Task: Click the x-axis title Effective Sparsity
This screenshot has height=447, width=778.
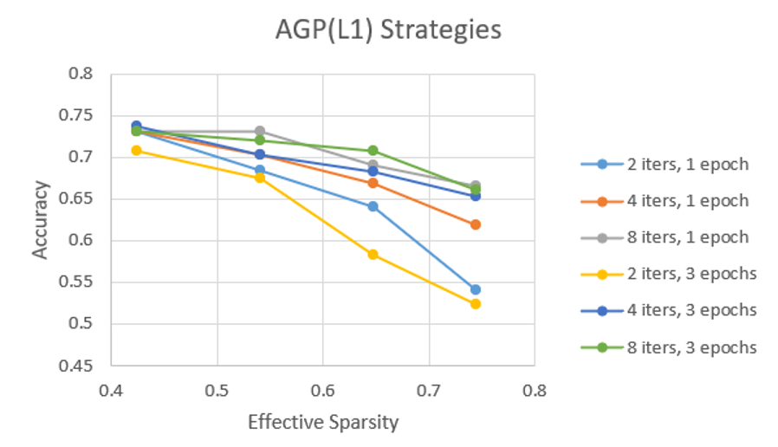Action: tap(323, 423)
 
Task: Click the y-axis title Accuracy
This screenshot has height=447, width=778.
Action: tap(40, 219)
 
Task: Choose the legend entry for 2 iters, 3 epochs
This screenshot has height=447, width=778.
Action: tap(671, 274)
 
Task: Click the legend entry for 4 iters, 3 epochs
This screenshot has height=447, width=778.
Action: tap(671, 310)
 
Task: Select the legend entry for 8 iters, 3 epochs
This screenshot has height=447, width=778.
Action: tap(671, 347)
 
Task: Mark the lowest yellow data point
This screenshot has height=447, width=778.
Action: tap(475, 304)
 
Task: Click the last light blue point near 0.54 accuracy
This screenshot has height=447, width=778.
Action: tap(475, 289)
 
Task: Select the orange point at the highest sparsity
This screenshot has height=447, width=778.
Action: tap(475, 224)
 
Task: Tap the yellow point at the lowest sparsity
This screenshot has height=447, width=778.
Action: tap(136, 151)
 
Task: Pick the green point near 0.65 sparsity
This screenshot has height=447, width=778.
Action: tap(373, 151)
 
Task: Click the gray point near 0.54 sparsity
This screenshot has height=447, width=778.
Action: tap(260, 132)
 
